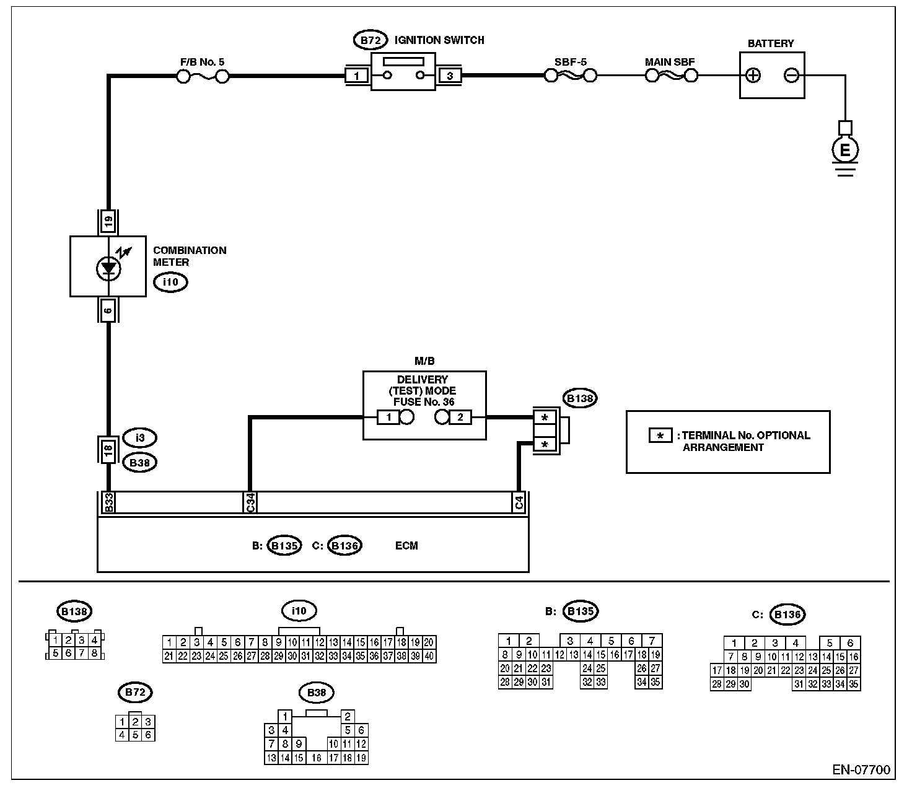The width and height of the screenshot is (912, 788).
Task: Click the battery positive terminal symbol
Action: (x=753, y=76)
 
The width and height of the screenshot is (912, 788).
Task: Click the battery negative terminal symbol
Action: (x=791, y=76)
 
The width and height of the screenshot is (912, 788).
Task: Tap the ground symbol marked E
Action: (x=844, y=150)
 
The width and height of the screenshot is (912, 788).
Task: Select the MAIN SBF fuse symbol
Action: (x=671, y=76)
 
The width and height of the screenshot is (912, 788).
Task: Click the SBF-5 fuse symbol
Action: (x=570, y=76)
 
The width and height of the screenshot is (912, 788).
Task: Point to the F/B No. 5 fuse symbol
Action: (x=203, y=76)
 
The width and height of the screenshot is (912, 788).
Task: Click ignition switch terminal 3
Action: (x=450, y=76)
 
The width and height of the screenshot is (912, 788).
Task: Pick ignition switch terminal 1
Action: (x=356, y=76)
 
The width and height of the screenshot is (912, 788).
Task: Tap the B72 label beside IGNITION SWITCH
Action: (x=370, y=40)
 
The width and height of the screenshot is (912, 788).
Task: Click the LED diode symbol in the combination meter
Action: (x=109, y=268)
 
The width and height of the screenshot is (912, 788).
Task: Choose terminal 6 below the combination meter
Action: (x=108, y=310)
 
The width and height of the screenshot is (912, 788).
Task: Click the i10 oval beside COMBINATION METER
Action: (x=170, y=283)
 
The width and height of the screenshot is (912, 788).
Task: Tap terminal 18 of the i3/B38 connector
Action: (x=108, y=450)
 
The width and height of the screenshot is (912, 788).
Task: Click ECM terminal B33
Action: (x=108, y=502)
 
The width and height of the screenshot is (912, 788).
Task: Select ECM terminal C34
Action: (x=250, y=502)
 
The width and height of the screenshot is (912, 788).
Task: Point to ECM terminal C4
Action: (x=519, y=502)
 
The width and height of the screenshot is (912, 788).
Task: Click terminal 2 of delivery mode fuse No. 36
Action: (x=460, y=417)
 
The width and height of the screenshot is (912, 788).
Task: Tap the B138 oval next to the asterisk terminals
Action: (x=579, y=398)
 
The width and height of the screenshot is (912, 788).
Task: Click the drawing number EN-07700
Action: (x=861, y=770)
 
